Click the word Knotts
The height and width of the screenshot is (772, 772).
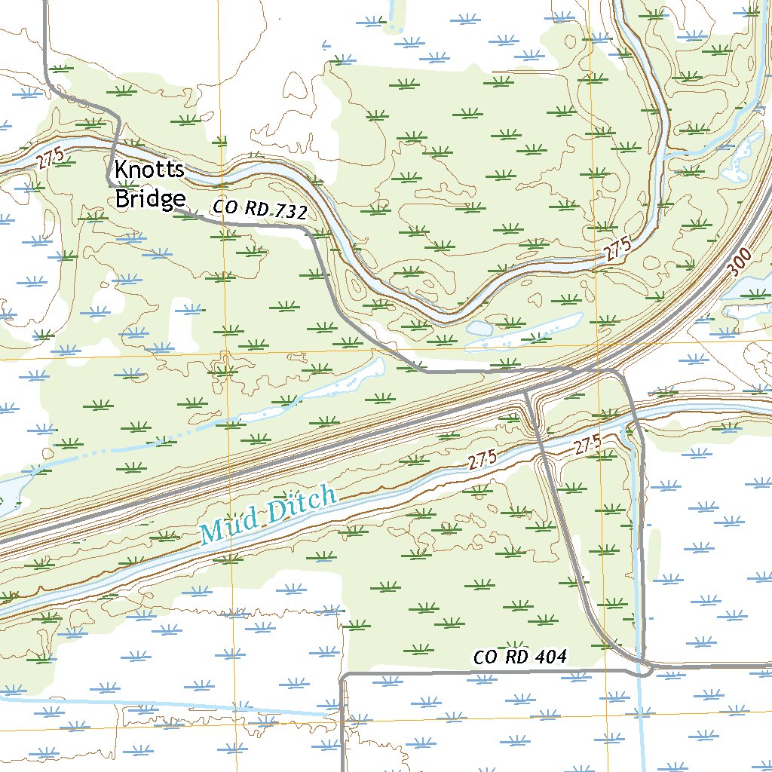[149, 170]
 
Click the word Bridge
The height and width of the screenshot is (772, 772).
[149, 198]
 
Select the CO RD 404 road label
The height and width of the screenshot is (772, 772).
[519, 657]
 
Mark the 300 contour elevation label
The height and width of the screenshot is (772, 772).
[741, 265]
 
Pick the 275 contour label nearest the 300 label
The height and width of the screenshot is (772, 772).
[617, 252]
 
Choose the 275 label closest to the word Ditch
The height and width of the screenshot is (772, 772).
[482, 461]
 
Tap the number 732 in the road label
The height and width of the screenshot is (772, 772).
[290, 213]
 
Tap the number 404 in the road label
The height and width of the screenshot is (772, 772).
[550, 657]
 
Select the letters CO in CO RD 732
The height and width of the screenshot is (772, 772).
[223, 206]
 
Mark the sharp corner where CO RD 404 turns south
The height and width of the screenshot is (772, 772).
[343, 675]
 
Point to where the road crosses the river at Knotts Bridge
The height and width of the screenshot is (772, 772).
[117, 144]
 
